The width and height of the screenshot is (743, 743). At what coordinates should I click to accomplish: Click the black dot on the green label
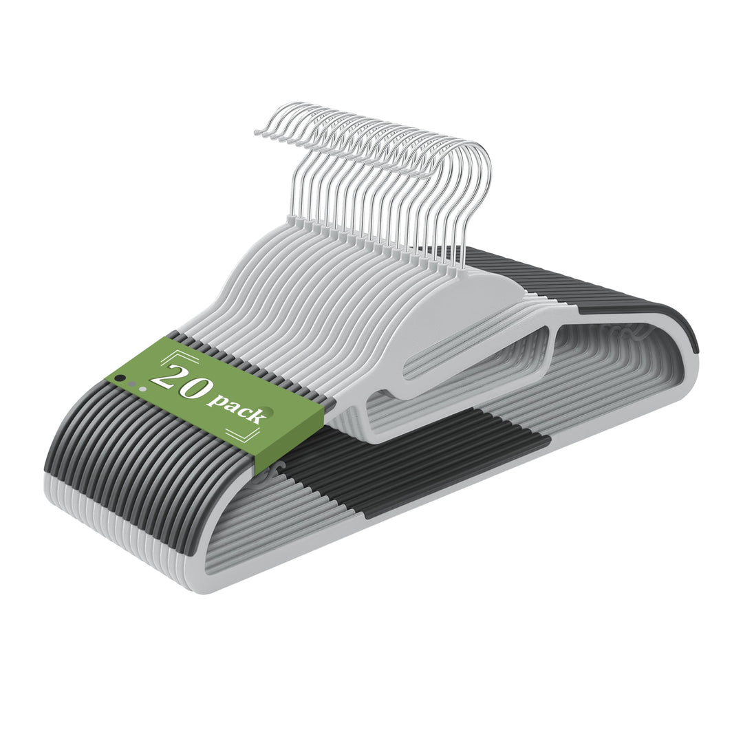(x=122, y=378)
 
